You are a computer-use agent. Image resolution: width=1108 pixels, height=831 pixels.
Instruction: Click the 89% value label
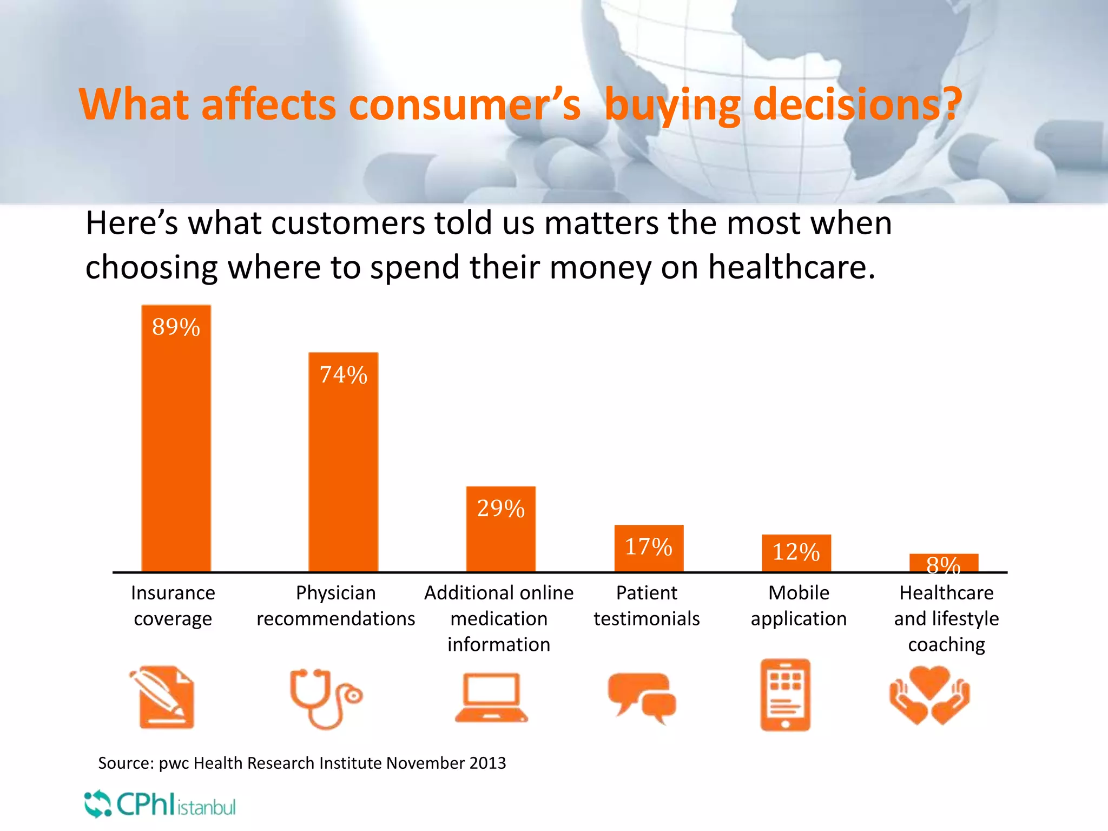coord(176,327)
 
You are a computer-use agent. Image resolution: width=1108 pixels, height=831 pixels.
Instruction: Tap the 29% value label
coord(500,509)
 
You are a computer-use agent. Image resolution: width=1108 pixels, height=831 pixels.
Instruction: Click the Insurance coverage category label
coord(173,605)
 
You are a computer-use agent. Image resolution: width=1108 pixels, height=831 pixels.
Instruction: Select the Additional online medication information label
coord(499,618)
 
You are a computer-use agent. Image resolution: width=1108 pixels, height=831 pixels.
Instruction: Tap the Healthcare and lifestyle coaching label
coord(946,618)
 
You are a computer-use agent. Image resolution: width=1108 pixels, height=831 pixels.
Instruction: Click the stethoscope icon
coord(325,698)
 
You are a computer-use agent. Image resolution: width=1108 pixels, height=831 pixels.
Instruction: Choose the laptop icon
coord(491,698)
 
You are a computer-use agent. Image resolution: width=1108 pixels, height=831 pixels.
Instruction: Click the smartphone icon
coord(785,695)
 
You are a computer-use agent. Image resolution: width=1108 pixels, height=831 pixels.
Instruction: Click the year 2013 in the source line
coord(487,763)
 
